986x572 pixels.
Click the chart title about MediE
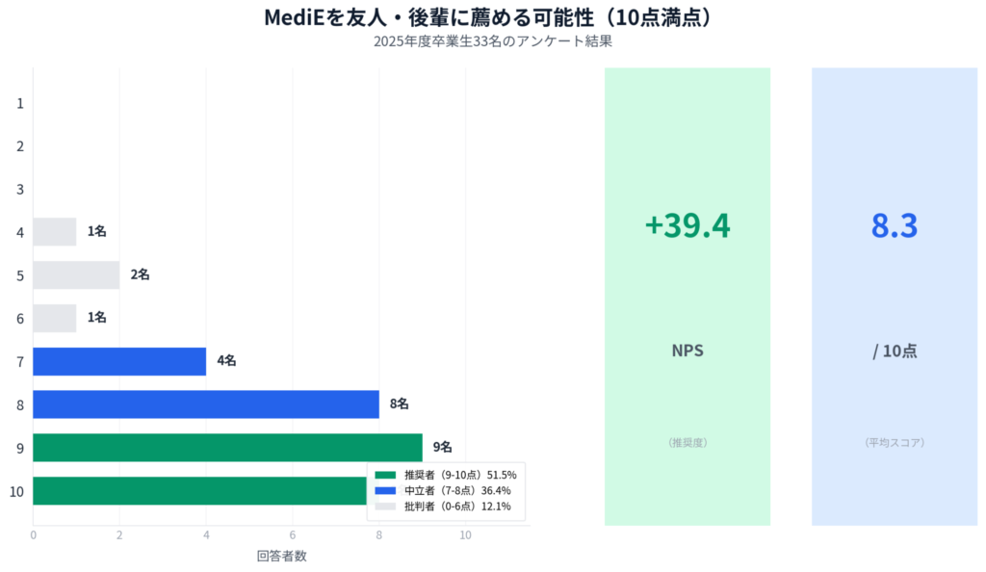(492, 17)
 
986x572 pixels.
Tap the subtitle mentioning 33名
(492, 42)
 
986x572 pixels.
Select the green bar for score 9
(227, 447)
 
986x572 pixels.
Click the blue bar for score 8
(206, 404)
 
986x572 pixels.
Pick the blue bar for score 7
(119, 361)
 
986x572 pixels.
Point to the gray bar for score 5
(76, 274)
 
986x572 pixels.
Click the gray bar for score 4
(55, 231)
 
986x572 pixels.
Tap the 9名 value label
(442, 447)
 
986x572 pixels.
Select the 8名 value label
(399, 404)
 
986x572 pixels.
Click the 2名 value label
(140, 274)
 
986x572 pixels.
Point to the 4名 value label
(226, 361)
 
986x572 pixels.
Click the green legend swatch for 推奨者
(385, 475)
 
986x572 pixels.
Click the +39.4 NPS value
(687, 225)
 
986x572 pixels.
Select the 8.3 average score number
(894, 225)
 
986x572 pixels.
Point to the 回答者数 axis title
(281, 556)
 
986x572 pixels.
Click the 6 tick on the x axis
(293, 535)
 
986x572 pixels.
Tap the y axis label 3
(20, 189)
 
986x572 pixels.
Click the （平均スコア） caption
(894, 443)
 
